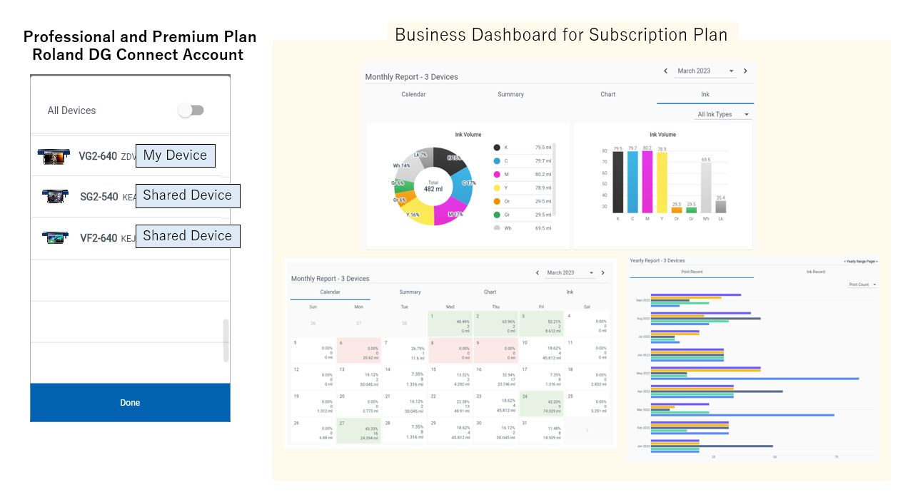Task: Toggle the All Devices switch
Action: pyautogui.click(x=191, y=111)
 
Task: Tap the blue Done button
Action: pyautogui.click(x=130, y=403)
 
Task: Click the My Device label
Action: pyautogui.click(x=175, y=155)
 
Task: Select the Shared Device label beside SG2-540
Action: pyautogui.click(x=187, y=195)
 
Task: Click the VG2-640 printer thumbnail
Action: pyautogui.click(x=54, y=156)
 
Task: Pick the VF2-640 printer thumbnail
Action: pyautogui.click(x=55, y=237)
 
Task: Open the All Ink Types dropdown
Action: pyautogui.click(x=724, y=115)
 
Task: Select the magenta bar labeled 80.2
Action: pyautogui.click(x=647, y=182)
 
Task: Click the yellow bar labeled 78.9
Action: pyautogui.click(x=662, y=183)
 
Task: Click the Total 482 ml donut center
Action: pyautogui.click(x=433, y=185)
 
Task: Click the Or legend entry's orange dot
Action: pyautogui.click(x=497, y=202)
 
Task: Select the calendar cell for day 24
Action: pyautogui.click(x=542, y=403)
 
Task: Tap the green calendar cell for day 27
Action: pyautogui.click(x=359, y=431)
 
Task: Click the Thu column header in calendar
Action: pyautogui.click(x=495, y=307)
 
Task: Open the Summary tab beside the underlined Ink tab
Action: pyautogui.click(x=510, y=94)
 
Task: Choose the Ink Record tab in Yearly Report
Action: pyautogui.click(x=815, y=272)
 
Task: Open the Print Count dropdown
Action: pyautogui.click(x=862, y=285)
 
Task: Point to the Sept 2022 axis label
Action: pyautogui.click(x=643, y=300)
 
